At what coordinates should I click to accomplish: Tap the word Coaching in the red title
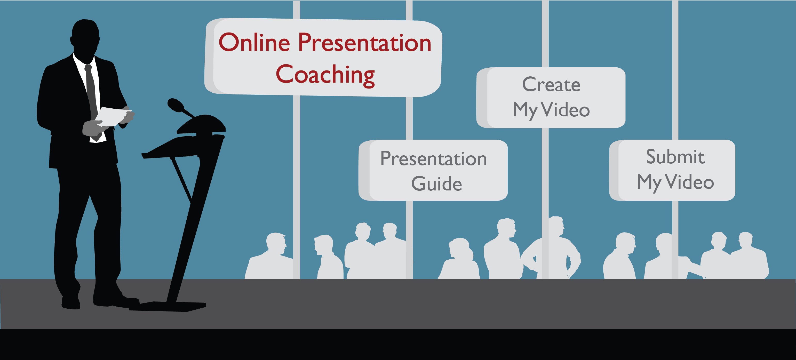click(x=325, y=75)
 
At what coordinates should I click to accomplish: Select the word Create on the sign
click(x=551, y=84)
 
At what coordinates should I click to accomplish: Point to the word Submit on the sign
click(x=675, y=157)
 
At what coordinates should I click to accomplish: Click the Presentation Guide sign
click(x=433, y=170)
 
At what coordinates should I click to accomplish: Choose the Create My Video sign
click(x=551, y=98)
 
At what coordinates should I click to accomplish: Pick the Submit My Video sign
click(x=672, y=170)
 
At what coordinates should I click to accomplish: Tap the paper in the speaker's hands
click(x=113, y=116)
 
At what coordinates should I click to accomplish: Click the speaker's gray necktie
click(x=91, y=93)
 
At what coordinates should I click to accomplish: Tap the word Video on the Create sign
click(x=566, y=110)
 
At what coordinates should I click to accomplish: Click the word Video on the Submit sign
click(x=689, y=182)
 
